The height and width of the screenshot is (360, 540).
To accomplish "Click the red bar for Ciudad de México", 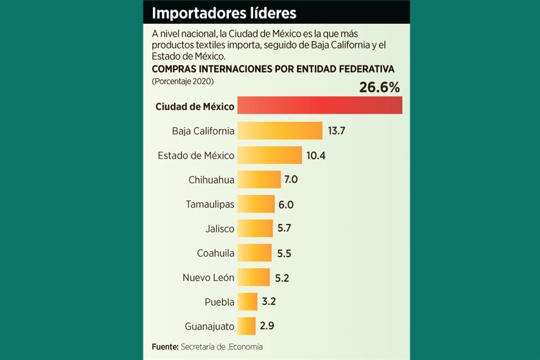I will [x=319, y=105].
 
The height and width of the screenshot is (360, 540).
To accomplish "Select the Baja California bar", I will [x=280, y=130].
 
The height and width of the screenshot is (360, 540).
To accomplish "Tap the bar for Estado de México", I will [x=269, y=155].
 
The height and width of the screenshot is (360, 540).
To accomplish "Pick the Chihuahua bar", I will [x=259, y=180].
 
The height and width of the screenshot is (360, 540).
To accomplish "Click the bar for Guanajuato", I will [x=246, y=326].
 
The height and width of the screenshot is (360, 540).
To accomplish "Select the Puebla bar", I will [x=247, y=301].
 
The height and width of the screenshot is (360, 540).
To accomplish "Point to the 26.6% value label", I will [x=379, y=87].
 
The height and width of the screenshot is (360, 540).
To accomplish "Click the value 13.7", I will [x=336, y=130].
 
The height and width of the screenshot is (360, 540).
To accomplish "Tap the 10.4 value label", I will [x=316, y=155].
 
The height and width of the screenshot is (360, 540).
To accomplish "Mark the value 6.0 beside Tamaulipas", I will [x=286, y=205].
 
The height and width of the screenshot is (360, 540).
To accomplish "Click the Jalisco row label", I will [x=220, y=228].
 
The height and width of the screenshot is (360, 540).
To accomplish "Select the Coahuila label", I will [x=215, y=253].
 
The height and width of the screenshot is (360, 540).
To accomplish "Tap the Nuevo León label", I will [x=208, y=277].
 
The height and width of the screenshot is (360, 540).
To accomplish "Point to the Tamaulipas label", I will [x=210, y=204].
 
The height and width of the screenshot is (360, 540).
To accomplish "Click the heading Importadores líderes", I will [x=224, y=12].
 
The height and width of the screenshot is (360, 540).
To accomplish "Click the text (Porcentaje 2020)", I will [x=182, y=81].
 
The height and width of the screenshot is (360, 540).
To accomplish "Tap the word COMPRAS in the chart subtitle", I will [x=175, y=69].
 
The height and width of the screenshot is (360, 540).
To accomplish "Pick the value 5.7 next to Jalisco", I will [x=284, y=228].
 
